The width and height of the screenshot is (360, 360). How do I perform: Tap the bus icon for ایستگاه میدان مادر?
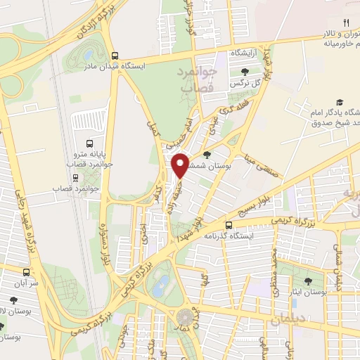114,56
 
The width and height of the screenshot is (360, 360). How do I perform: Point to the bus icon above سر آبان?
27,272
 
